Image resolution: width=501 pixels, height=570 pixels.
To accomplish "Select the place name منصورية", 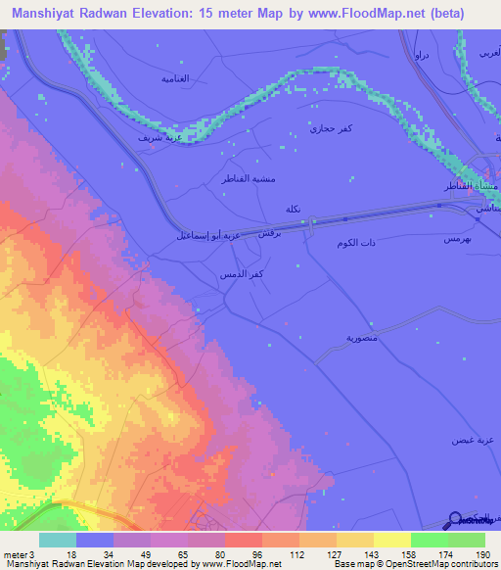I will [x=362, y=337].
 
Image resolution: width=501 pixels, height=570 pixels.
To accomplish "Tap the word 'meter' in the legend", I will [x=16, y=555].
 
